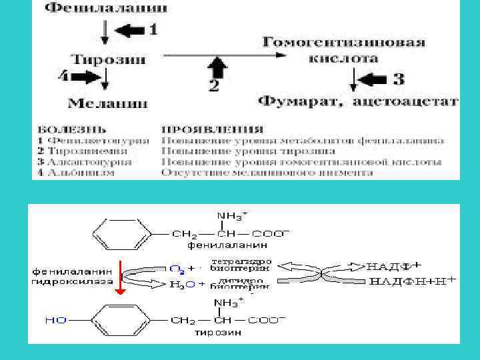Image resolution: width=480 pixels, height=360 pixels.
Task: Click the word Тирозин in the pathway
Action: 109,58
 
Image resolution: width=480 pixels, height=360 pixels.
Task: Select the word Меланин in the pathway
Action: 107,103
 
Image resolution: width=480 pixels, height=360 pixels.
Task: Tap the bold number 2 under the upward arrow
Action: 214,85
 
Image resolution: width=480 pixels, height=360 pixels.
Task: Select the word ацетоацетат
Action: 405,102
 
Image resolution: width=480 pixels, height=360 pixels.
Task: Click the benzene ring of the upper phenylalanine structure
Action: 117,235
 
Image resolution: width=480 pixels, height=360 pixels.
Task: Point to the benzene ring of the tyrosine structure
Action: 117,321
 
